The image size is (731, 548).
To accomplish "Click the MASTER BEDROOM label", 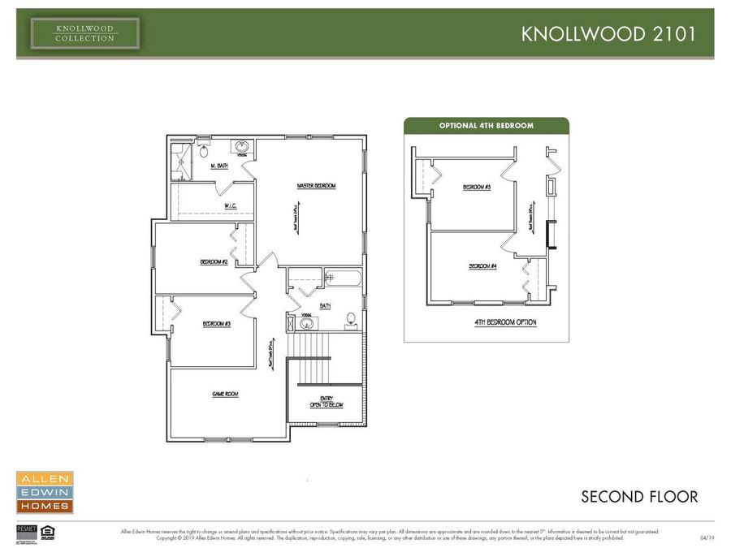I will pyautogui.click(x=316, y=186).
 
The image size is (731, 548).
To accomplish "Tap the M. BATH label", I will pyautogui.click(x=219, y=166).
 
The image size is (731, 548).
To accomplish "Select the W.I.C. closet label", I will pyautogui.click(x=231, y=205).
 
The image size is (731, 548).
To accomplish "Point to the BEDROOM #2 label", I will pyautogui.click(x=214, y=262).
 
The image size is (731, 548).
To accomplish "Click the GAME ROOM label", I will pyautogui.click(x=225, y=394).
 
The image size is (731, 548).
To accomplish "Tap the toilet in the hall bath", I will pyautogui.click(x=351, y=319).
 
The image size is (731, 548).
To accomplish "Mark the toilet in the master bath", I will pyautogui.click(x=204, y=151).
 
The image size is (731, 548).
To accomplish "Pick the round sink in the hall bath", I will pyautogui.click(x=307, y=323).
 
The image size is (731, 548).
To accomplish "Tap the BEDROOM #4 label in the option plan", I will pyautogui.click(x=482, y=265).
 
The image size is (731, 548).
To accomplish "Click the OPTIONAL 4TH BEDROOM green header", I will pyautogui.click(x=486, y=126).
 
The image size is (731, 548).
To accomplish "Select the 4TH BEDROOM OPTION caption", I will pyautogui.click(x=505, y=322).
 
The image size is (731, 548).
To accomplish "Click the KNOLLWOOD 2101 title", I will pyautogui.click(x=607, y=33).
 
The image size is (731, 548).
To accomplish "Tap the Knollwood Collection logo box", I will pyautogui.click(x=85, y=33).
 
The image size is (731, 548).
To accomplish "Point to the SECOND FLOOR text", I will pyautogui.click(x=638, y=496).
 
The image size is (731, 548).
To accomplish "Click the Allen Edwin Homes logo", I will pyautogui.click(x=45, y=492).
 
